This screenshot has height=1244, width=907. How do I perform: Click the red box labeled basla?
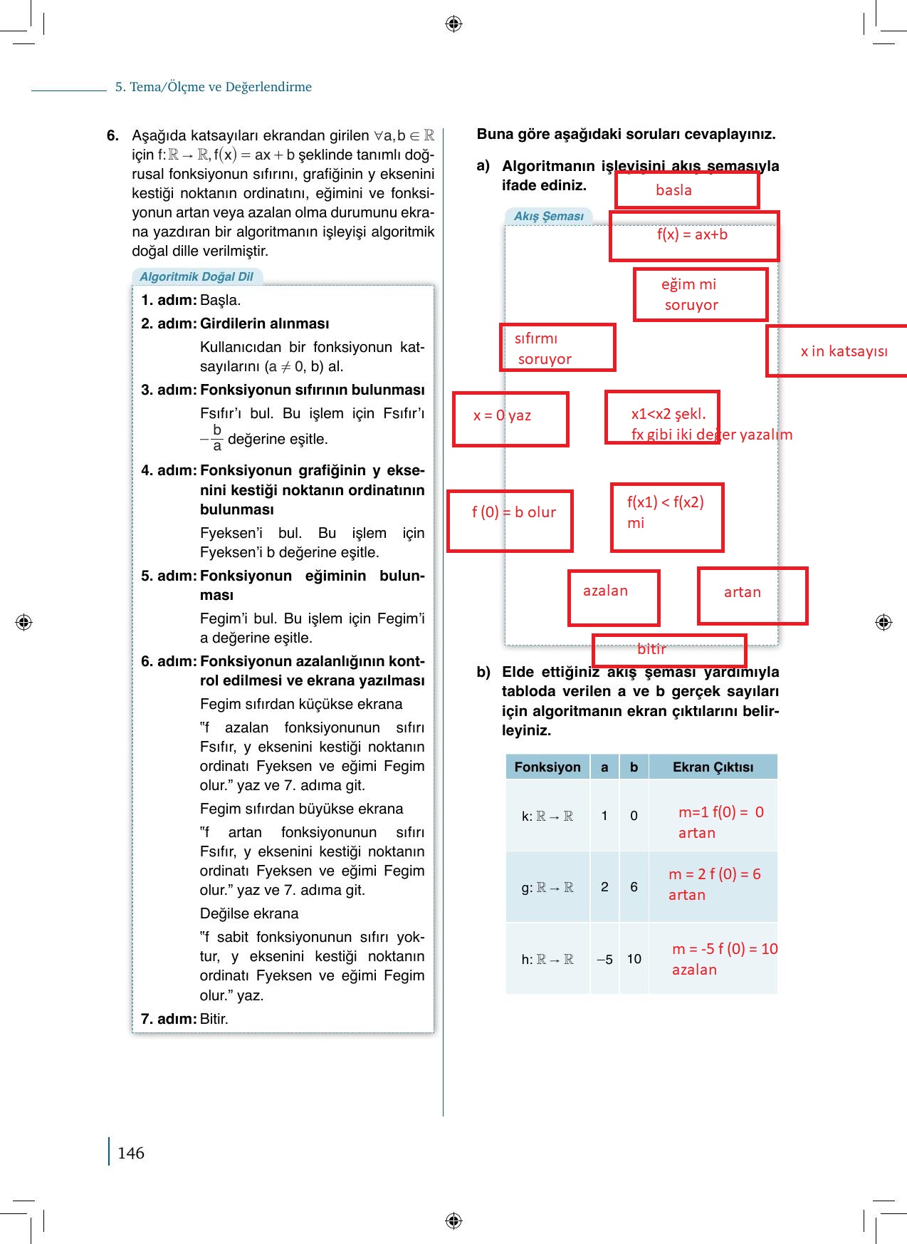[x=687, y=190]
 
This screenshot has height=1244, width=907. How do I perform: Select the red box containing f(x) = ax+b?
[x=693, y=236]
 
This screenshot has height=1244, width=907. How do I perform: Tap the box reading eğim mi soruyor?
[x=701, y=294]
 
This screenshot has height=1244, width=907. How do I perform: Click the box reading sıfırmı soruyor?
[x=557, y=348]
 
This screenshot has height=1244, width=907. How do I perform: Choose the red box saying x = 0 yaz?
[x=510, y=419]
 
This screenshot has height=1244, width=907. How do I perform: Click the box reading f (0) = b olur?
[x=510, y=521]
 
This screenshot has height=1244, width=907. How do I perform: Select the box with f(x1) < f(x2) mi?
[x=667, y=517]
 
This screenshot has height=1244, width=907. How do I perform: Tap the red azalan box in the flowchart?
[x=614, y=598]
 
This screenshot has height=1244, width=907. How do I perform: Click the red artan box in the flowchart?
[x=753, y=596]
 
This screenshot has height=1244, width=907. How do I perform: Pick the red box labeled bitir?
[x=669, y=650]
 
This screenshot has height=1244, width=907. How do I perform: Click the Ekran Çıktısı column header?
[x=713, y=767]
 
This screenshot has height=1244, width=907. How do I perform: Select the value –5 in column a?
[x=604, y=959]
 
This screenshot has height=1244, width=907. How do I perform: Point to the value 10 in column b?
[x=634, y=959]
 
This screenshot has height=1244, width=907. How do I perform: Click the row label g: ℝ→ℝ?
[x=547, y=888]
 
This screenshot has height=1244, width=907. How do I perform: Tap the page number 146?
[x=131, y=1153]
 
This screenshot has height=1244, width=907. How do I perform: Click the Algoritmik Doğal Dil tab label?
[x=196, y=276]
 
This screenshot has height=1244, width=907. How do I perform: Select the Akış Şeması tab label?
[x=548, y=216]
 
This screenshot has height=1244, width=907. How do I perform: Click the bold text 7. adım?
[x=169, y=1019]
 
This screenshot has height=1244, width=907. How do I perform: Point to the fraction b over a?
[x=216, y=438]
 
